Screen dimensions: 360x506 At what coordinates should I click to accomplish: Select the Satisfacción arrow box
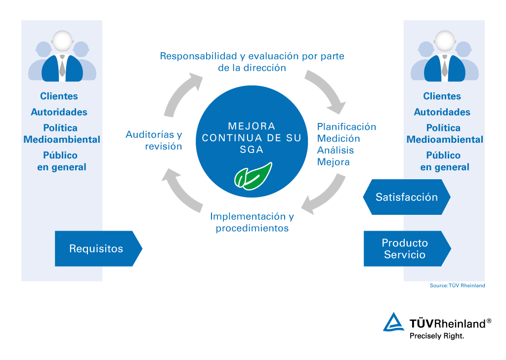(407, 197)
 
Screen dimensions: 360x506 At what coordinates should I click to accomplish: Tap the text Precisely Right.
(437, 336)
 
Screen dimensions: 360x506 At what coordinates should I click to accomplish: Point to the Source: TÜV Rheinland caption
(457, 285)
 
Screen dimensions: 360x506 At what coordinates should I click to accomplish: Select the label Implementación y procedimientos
(252, 222)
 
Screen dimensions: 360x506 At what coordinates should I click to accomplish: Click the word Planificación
(346, 126)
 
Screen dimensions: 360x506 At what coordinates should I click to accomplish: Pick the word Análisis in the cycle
(336, 150)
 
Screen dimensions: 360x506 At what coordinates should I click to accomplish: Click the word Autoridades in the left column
(59, 112)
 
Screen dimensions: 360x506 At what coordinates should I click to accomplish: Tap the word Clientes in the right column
(442, 96)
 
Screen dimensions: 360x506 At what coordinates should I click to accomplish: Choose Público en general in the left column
(62, 161)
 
